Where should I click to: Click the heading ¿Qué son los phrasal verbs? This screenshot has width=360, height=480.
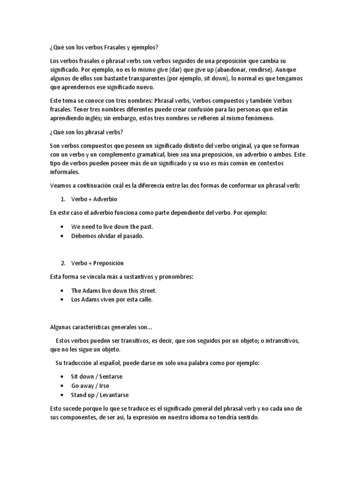(x=86, y=132)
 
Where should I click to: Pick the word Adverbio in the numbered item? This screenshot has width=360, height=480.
(x=104, y=199)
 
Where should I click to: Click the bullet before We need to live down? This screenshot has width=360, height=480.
(x=63, y=227)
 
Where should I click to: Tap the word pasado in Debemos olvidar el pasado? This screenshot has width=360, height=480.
(x=133, y=236)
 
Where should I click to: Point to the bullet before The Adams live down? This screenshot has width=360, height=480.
(x=63, y=291)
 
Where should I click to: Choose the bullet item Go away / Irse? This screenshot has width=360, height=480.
(x=90, y=386)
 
